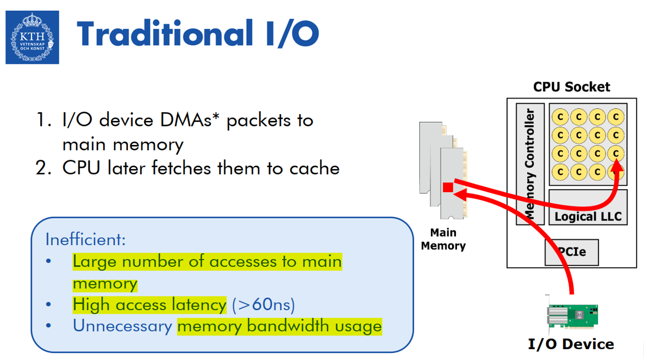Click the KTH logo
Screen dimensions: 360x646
coord(32,38)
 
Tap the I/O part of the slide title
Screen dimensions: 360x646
coord(285,34)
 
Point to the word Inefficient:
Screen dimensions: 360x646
coord(86,239)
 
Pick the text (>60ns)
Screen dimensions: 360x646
coord(263,304)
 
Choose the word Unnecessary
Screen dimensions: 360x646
coord(123,326)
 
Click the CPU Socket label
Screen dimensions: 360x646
coord(571,87)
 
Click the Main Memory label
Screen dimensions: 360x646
coord(443,239)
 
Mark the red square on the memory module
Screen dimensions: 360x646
coord(448,187)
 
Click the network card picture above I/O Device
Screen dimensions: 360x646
coord(572,315)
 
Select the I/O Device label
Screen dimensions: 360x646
coord(571,344)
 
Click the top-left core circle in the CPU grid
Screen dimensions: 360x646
coord(560,117)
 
